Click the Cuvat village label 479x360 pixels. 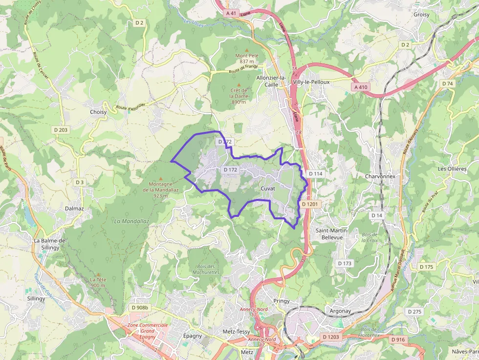tap(268, 189)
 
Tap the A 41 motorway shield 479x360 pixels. tap(231, 13)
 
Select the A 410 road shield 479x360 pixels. tap(360, 87)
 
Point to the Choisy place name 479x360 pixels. tap(98, 112)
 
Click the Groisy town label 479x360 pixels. tap(421, 15)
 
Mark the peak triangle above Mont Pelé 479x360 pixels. tap(247, 50)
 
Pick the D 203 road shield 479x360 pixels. tap(61, 129)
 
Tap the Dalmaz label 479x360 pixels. tap(75, 209)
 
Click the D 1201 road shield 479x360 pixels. tap(310, 204)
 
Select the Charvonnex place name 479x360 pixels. tap(380, 176)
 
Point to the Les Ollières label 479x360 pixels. tap(452, 169)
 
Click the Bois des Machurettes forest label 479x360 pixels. tap(206, 269)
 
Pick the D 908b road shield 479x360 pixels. tap(140, 308)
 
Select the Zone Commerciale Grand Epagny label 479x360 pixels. tap(147, 331)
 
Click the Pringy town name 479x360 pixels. tap(282, 301)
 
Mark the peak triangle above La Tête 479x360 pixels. tap(98, 274)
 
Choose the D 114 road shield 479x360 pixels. tap(316, 173)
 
